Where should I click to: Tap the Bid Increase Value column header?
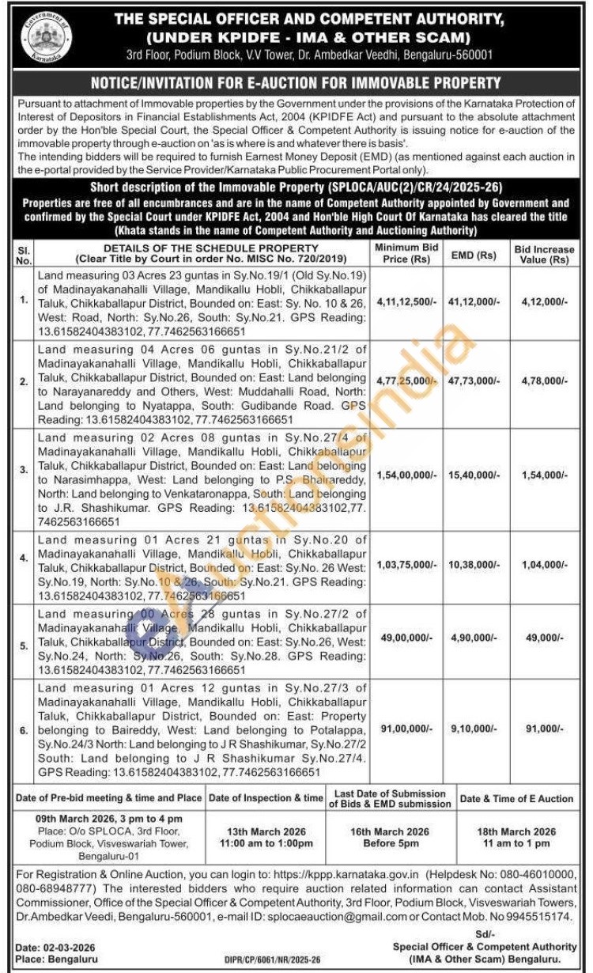point(545,254)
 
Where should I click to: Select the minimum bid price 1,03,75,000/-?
point(406,566)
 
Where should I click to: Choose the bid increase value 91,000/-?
point(545,729)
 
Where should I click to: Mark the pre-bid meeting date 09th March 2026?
point(108,818)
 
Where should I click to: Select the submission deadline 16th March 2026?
point(391,832)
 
